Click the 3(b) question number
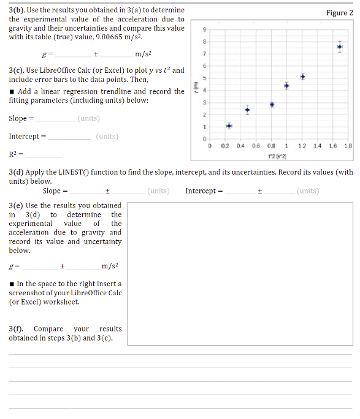(18, 11)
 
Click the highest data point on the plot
(340, 47)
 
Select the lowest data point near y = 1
(229, 126)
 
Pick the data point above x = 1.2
(303, 77)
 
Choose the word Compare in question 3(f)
(48, 329)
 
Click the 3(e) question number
(17, 206)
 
